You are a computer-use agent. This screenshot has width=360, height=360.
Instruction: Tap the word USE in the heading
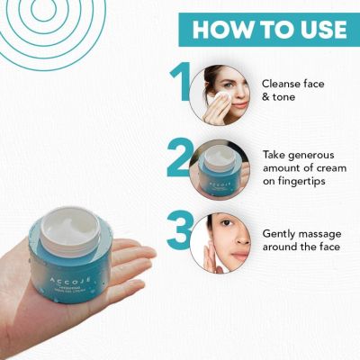point(316,29)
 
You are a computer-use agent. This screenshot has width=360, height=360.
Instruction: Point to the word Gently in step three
point(280,233)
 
